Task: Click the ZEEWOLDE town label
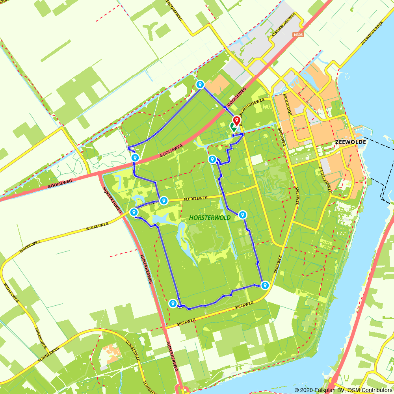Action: pos(349,142)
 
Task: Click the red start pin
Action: pos(236,121)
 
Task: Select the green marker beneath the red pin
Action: pos(234,127)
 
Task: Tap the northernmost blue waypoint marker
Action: pos(200,84)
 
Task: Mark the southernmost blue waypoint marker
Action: pos(173,303)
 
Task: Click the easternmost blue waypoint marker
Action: pos(265,285)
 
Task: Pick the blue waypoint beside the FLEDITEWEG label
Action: pos(164,201)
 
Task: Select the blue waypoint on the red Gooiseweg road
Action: pos(135,158)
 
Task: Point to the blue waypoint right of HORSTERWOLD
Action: pos(243,215)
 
